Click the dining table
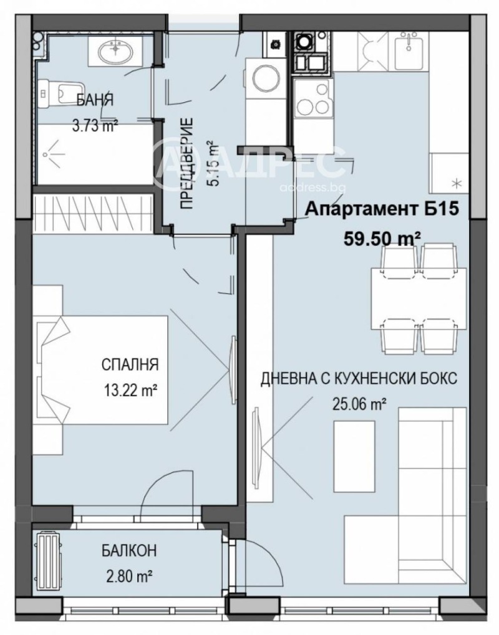click(418, 298)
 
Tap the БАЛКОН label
click(129, 551)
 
